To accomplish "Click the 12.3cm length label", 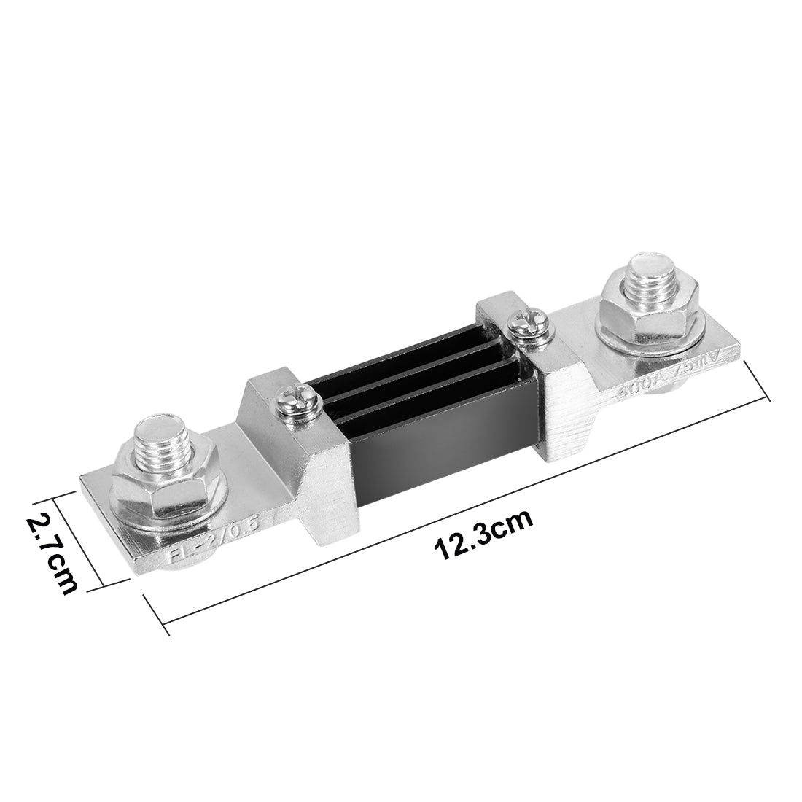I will (483, 535).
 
